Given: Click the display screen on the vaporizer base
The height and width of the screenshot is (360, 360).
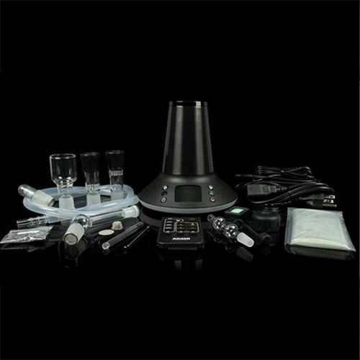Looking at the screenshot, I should click(x=187, y=193).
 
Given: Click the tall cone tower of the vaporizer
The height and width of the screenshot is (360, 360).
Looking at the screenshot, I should click(x=188, y=140).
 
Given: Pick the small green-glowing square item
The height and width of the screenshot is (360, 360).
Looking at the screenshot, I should click(x=235, y=212).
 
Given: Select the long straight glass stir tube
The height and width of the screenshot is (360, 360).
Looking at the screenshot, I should click(x=125, y=236).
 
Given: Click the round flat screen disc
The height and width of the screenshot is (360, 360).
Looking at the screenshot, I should click(x=106, y=233).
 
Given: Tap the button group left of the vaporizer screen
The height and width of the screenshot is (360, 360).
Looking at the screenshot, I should click(x=164, y=193).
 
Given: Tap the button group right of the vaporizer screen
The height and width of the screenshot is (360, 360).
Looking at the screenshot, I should click(x=211, y=193).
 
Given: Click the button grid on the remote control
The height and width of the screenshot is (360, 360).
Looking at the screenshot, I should click(x=180, y=226).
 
